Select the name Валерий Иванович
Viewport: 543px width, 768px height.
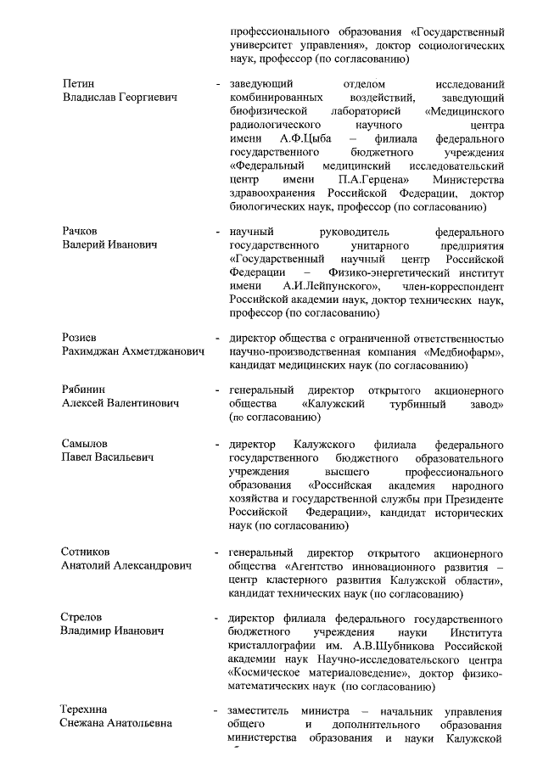(x=110, y=244)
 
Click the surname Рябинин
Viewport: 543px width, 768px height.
(x=83, y=389)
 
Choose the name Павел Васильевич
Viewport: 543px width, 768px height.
(x=108, y=457)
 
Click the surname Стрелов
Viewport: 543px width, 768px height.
(x=84, y=617)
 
